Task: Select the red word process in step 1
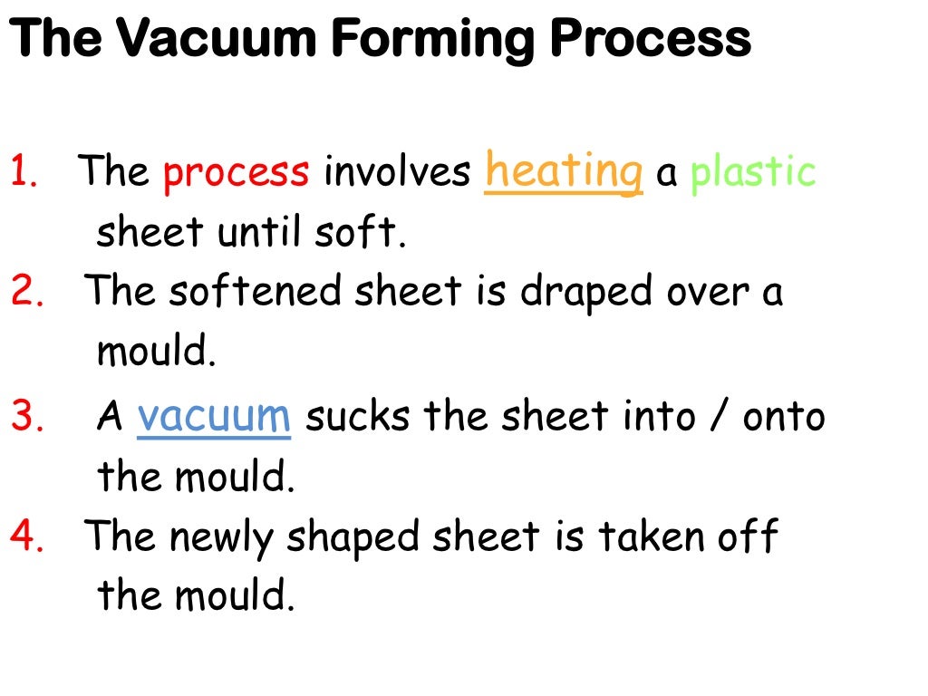237,172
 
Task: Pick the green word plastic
753,172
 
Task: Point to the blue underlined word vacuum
214,416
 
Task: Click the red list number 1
24,172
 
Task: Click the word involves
397,172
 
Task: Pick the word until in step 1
257,233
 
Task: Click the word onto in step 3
784,417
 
